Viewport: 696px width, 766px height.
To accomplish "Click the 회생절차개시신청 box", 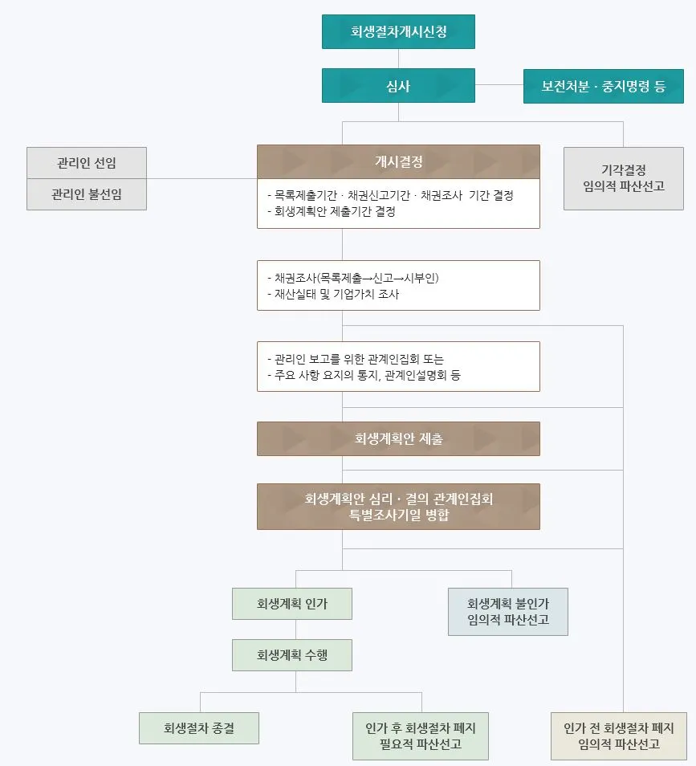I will click(x=398, y=32).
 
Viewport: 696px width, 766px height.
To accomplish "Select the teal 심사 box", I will click(x=398, y=85).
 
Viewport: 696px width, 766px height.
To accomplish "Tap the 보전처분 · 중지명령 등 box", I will click(x=604, y=86).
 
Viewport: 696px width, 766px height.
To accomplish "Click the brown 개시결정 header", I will click(x=398, y=161).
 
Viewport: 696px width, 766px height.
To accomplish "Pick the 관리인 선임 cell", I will click(x=87, y=163).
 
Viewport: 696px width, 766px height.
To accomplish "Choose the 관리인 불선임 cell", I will click(x=87, y=194).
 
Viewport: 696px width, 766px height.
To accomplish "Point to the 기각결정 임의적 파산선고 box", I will click(x=623, y=178).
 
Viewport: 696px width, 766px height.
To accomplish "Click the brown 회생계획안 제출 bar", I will click(x=398, y=439).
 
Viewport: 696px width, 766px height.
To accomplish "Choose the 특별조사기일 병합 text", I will click(x=398, y=515).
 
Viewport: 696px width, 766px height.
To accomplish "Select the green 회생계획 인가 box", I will click(x=292, y=603).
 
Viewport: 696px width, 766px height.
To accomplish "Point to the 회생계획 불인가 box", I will click(x=508, y=611).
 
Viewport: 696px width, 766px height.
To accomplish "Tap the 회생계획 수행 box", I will click(x=292, y=655).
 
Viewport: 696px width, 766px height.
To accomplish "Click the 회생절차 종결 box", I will click(x=199, y=728).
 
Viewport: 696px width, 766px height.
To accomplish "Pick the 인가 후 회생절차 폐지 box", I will click(x=421, y=735).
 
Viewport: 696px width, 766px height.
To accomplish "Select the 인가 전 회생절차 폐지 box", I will click(x=619, y=735).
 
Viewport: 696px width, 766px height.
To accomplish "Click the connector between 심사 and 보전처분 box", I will click(x=499, y=85).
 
